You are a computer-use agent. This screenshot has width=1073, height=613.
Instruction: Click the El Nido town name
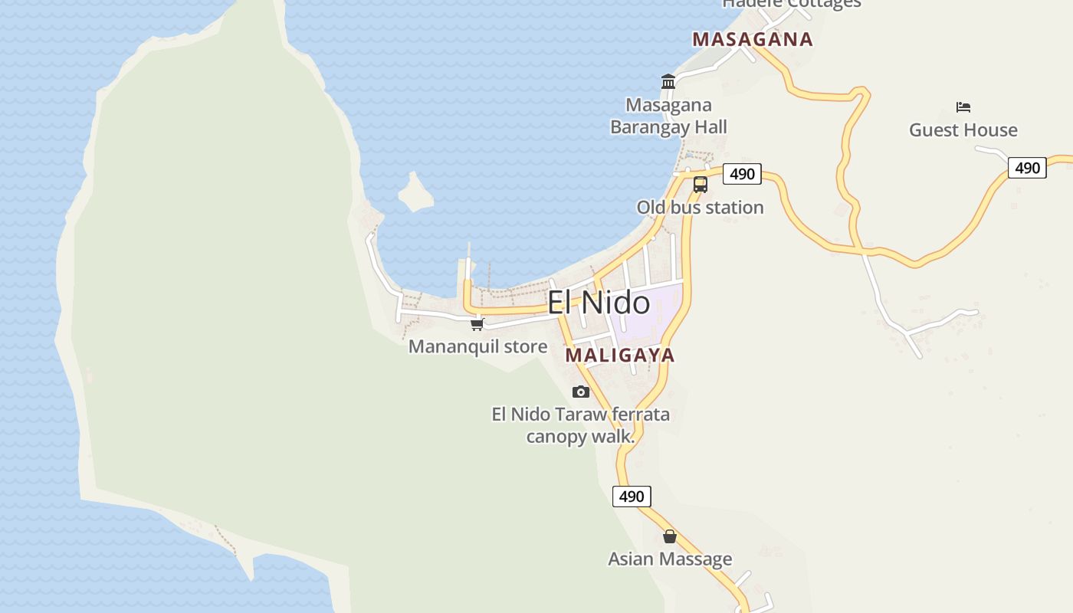tap(599, 303)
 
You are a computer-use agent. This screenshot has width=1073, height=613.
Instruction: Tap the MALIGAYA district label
tap(620, 356)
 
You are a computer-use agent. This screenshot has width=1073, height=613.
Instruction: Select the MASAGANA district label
tap(752, 40)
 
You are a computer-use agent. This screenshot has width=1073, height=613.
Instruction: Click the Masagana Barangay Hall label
tap(668, 116)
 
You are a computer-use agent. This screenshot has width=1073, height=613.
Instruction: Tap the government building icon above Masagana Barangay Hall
tap(668, 81)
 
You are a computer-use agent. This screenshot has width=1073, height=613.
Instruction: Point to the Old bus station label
tap(700, 208)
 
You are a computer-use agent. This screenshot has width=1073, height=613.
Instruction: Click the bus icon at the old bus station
tap(701, 184)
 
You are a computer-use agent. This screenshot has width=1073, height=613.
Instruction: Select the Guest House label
tap(963, 130)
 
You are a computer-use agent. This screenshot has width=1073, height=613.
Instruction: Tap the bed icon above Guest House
tap(963, 107)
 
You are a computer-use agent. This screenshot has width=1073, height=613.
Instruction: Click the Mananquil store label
tap(477, 346)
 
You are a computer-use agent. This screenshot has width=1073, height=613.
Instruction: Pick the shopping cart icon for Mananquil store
tap(477, 324)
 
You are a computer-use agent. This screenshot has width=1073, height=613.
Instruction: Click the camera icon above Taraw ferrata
tap(581, 392)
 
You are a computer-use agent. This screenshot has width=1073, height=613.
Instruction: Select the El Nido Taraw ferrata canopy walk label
tap(580, 425)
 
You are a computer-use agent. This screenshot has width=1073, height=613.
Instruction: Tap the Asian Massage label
tap(670, 559)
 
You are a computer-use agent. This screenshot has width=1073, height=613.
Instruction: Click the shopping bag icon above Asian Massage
tap(670, 536)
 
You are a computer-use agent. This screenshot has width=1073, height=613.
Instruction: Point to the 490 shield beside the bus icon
tap(742, 174)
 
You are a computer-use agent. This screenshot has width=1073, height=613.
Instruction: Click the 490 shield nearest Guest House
tap(1027, 168)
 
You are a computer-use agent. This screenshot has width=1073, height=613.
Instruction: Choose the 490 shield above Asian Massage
tap(632, 497)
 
